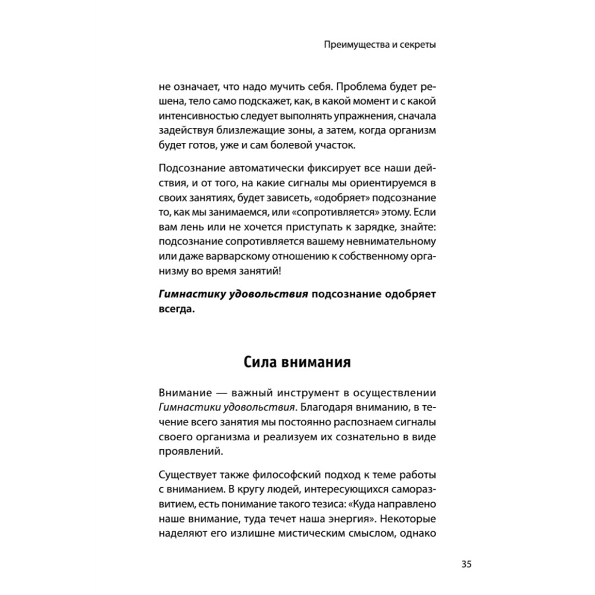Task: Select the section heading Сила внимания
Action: coord(297,362)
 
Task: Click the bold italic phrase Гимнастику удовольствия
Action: coord(233,295)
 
